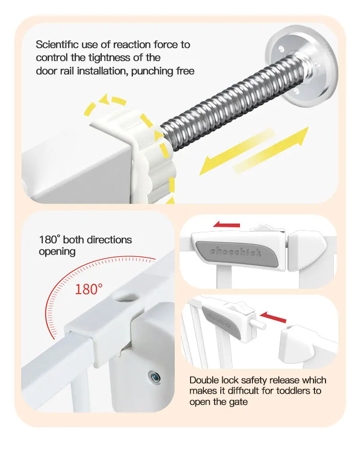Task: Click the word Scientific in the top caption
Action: [57, 45]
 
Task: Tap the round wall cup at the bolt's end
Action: [302, 66]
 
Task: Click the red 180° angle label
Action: [89, 289]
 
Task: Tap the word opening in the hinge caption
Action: [57, 252]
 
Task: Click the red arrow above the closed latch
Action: [226, 224]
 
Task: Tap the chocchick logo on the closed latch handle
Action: [235, 252]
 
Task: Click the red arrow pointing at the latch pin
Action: [273, 317]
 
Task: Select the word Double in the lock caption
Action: [204, 380]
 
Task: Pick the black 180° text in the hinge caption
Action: [50, 240]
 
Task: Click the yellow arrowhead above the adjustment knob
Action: [104, 100]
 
